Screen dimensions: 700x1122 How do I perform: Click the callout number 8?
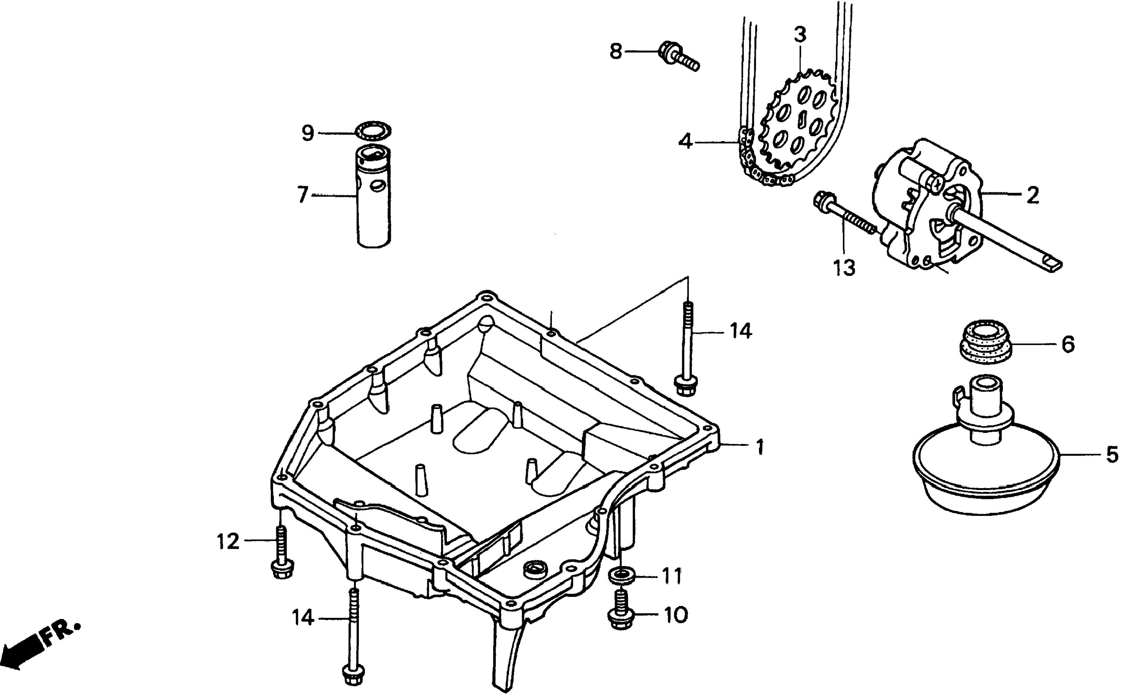[615, 51]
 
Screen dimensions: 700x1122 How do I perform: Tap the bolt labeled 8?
[677, 58]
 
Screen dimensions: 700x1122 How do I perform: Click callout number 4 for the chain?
[685, 141]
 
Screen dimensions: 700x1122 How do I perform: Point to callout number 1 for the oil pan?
[759, 447]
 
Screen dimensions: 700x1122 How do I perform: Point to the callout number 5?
[1112, 455]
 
